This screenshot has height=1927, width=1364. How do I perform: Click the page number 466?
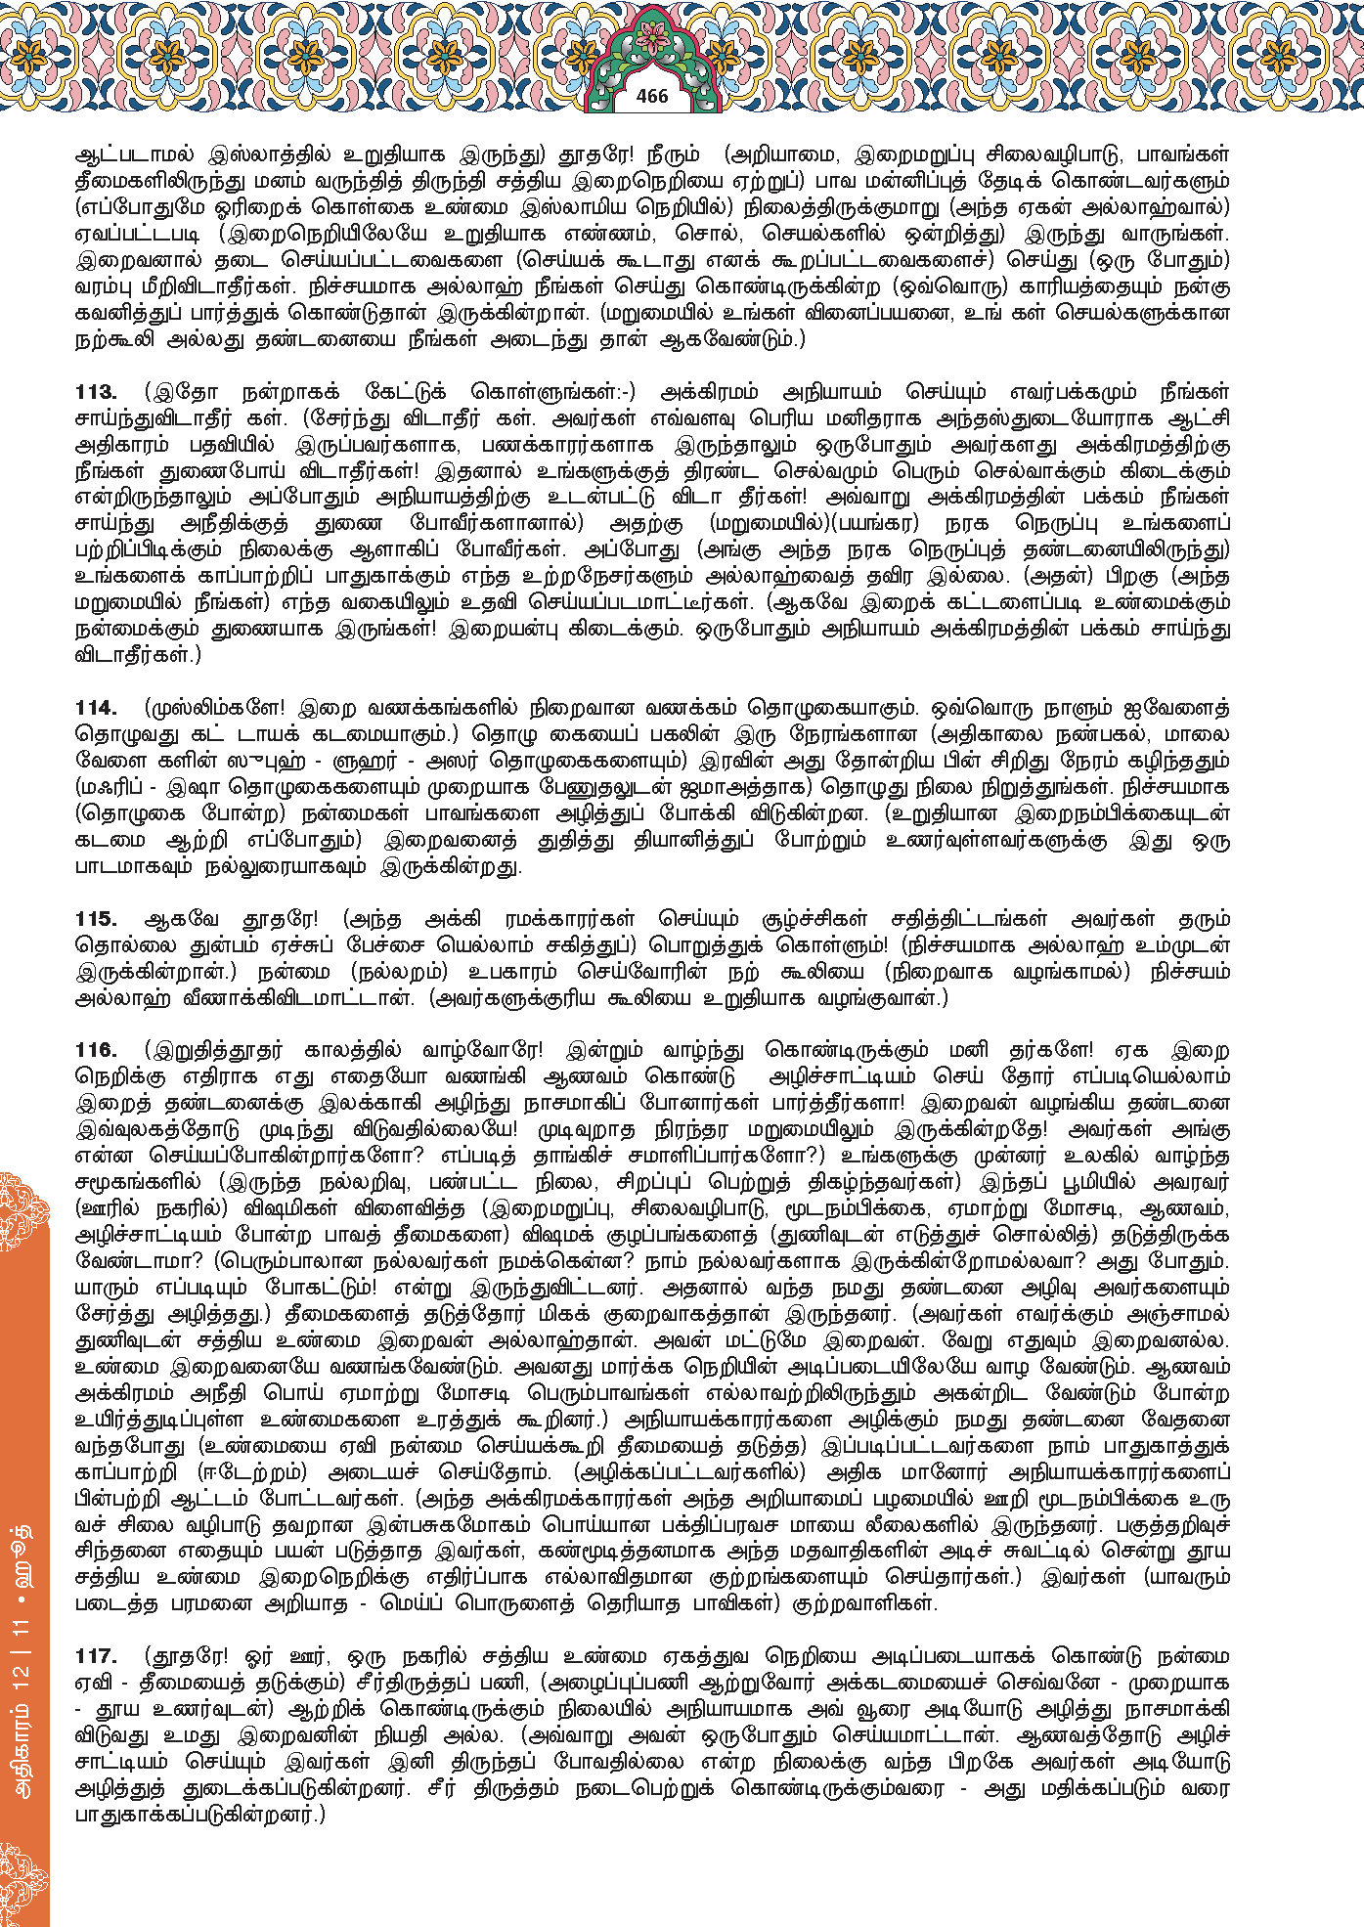click(651, 96)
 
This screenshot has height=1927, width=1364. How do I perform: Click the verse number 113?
click(96, 392)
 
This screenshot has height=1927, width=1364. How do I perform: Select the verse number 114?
click(96, 708)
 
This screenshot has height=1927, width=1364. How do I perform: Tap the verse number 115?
click(96, 919)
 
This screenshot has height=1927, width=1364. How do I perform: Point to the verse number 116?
click(96, 1051)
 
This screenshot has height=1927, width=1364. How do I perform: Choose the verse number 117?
click(96, 1657)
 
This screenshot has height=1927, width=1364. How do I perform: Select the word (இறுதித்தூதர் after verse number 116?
click(213, 1051)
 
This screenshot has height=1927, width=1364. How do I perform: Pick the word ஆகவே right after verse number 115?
click(181, 919)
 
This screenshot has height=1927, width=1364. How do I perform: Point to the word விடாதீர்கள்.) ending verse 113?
click(138, 655)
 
